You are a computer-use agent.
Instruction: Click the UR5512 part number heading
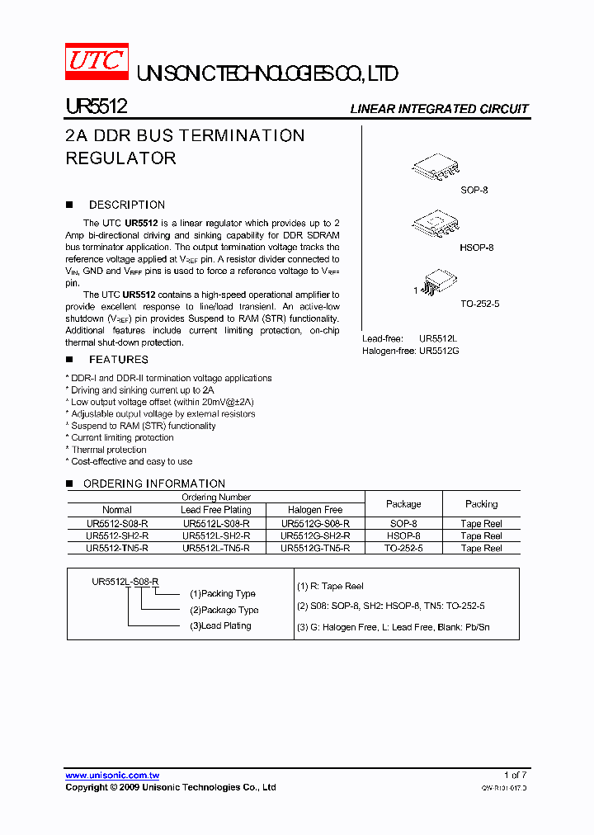tap(96, 107)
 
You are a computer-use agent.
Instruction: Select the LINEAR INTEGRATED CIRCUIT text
tap(439, 109)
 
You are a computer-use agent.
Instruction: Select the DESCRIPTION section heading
tap(126, 205)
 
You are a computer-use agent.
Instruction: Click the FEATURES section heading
tap(118, 360)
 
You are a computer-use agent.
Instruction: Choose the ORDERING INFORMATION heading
tap(153, 484)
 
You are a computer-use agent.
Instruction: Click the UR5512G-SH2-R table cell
tap(315, 535)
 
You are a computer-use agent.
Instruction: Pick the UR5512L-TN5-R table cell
tap(216, 548)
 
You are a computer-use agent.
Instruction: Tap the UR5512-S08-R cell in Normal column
tap(117, 523)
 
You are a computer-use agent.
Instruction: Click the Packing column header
tap(481, 504)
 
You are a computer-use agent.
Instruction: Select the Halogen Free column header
tap(315, 510)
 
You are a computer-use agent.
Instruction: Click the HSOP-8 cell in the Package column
tap(403, 535)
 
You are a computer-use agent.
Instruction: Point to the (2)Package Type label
tap(224, 610)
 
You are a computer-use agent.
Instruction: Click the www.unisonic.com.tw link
tap(112, 776)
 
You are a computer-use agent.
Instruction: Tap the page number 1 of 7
tap(515, 776)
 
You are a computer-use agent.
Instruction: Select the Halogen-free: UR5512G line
tap(410, 351)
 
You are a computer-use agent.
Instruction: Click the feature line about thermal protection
tap(109, 450)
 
